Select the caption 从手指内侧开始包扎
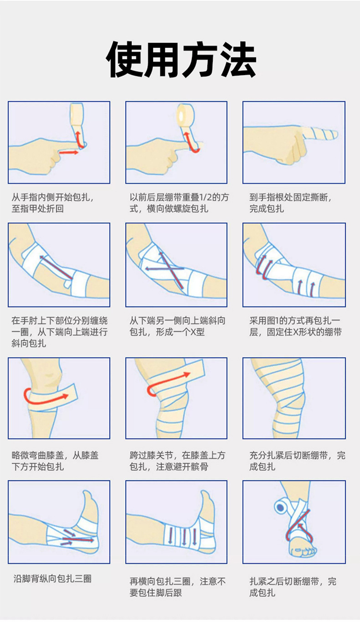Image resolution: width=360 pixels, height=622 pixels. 53,198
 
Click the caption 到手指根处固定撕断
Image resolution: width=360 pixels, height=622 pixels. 290,198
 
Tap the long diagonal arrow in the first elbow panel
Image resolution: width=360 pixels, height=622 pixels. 56,267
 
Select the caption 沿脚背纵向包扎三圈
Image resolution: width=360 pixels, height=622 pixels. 52,579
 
